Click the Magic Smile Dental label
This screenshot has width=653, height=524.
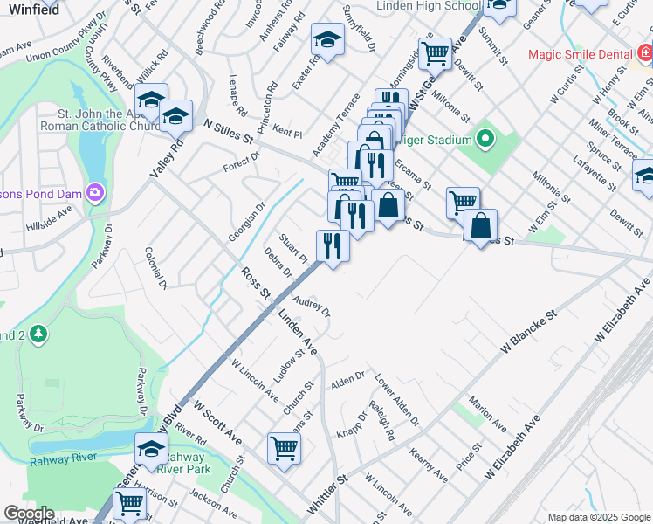coord(581,54)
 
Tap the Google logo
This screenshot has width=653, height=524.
coord(29,514)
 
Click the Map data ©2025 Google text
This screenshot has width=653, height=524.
coord(598,517)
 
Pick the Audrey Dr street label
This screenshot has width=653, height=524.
coord(312,307)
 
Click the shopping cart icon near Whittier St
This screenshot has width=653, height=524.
coord(285,448)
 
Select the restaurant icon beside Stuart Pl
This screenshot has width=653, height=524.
coord(333,245)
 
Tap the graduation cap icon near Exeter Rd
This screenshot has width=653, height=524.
coord(328,39)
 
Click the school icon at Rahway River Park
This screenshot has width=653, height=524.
coord(151,449)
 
